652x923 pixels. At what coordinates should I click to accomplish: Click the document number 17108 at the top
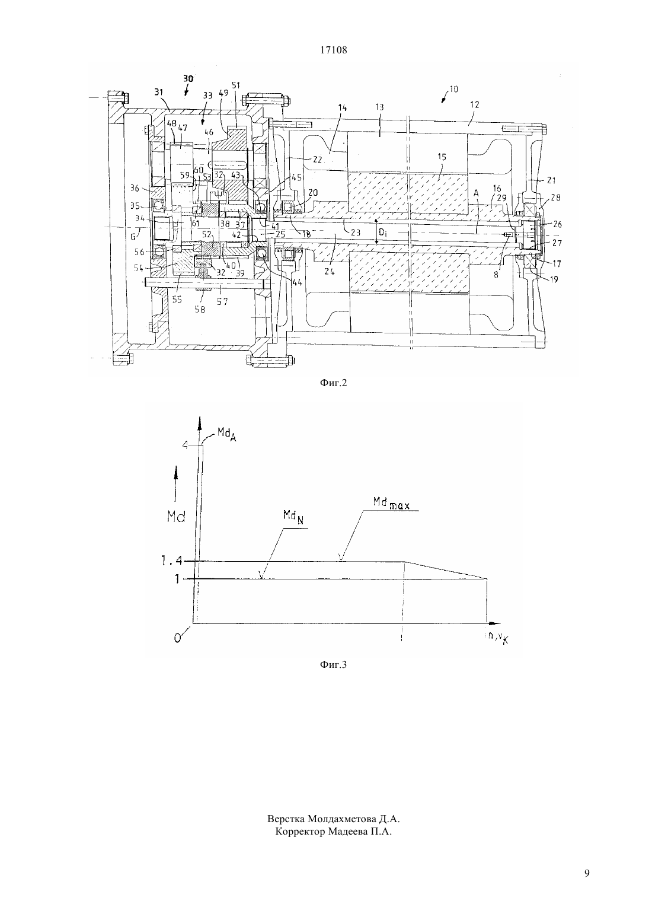coord(333,50)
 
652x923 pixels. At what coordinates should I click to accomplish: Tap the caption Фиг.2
coord(333,383)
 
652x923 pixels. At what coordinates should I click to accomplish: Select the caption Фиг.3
coord(333,664)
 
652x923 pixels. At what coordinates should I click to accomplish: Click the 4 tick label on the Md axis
coord(186,445)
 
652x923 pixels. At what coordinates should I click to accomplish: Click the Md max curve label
coord(391,502)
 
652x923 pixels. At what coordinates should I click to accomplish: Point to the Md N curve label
coord(293,517)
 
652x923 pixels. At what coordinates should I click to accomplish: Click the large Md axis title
coord(176,516)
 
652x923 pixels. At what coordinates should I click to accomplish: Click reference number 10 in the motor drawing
coord(453,89)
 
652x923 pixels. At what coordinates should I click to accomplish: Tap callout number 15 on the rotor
coord(442,157)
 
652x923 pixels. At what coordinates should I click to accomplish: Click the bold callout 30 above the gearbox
coord(188,78)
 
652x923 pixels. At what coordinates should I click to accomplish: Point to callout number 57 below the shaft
coord(223,301)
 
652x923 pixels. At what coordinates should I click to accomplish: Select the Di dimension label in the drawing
coord(382,232)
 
